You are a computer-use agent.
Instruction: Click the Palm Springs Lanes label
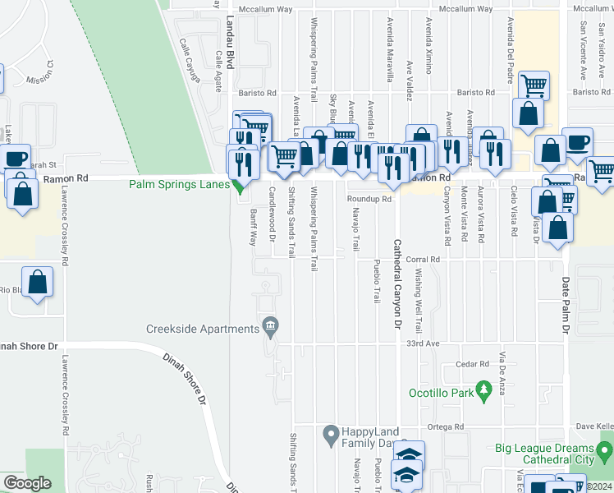pyautogui.click(x=178, y=185)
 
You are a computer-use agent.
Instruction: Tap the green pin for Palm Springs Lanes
pyautogui.click(x=239, y=187)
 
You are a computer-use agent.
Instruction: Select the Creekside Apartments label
pyautogui.click(x=203, y=329)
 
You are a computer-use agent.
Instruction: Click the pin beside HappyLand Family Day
pyautogui.click(x=330, y=432)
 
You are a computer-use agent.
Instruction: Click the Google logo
pyautogui.click(x=27, y=482)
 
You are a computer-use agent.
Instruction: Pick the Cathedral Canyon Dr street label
pyautogui.click(x=396, y=284)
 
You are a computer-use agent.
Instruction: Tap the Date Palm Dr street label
pyautogui.click(x=566, y=305)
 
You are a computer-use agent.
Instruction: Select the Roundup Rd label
pyautogui.click(x=369, y=199)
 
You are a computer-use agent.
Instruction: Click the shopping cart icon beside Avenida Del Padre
pyautogui.click(x=534, y=85)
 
